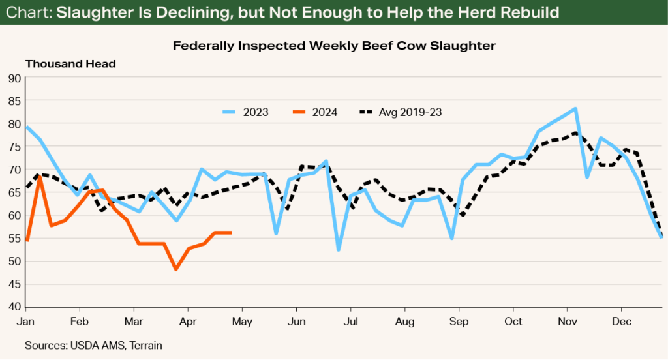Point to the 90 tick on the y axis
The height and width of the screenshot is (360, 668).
(14, 78)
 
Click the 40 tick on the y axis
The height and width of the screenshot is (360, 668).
(14, 307)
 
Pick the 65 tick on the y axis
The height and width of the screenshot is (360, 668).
(14, 193)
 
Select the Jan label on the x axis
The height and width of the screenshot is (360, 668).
(25, 322)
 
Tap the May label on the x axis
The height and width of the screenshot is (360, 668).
(242, 322)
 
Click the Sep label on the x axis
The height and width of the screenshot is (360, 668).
(459, 322)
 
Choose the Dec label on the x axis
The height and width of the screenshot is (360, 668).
(621, 322)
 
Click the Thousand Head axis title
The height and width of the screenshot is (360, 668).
(70, 64)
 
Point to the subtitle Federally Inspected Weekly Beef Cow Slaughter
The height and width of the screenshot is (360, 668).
(333, 46)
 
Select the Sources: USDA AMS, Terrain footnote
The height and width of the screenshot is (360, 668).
(93, 346)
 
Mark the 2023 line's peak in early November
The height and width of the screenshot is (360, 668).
(575, 109)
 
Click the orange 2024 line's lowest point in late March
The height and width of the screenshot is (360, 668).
(175, 269)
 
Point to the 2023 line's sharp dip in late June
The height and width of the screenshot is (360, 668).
(339, 250)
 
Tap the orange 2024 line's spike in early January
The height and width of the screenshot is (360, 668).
(40, 177)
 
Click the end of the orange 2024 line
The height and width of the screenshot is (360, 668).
(231, 232)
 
